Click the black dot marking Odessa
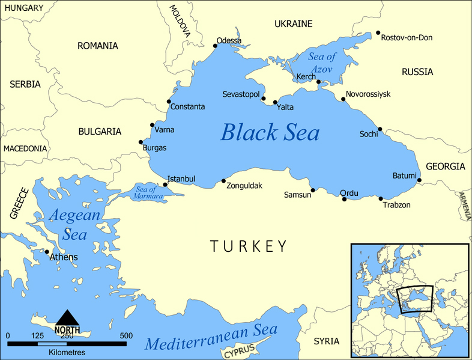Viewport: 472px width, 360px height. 216,46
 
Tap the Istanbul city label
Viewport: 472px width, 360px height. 181,179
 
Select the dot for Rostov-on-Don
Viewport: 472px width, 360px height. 378,33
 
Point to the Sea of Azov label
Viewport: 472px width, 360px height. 322,62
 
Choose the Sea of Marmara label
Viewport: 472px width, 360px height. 145,193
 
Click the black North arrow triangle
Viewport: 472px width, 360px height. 67,317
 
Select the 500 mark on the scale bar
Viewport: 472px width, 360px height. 126,335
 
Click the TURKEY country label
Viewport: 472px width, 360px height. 249,246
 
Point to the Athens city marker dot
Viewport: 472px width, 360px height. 47,252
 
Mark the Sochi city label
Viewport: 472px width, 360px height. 368,134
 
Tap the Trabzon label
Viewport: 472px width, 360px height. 396,205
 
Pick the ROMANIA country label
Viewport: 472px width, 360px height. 97,46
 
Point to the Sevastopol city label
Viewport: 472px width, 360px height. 241,95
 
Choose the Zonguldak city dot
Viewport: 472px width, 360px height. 223,181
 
